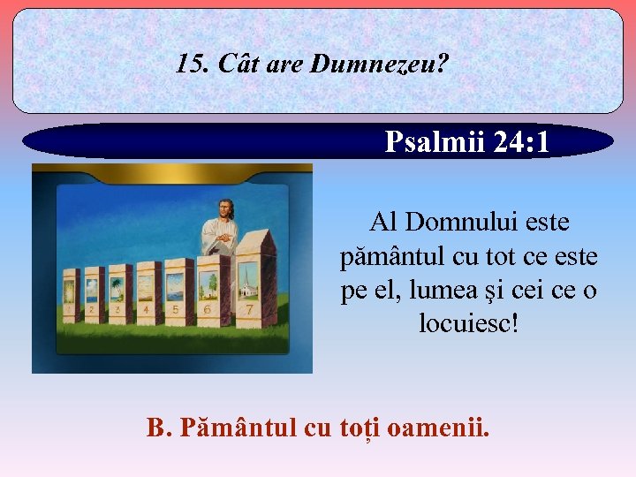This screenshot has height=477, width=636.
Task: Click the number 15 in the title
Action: tap(187, 64)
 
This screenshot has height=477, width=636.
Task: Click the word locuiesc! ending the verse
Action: tap(468, 324)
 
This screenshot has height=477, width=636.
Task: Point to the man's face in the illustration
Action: tap(225, 210)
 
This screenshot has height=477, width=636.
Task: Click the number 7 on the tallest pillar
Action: tap(249, 310)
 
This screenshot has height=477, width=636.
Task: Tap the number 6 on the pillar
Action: tap(208, 310)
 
